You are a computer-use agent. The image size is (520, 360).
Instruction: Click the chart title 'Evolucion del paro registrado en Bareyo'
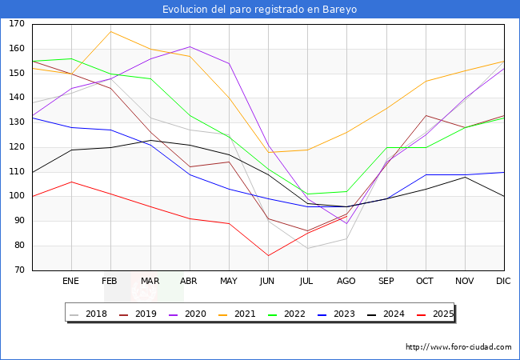[259, 10]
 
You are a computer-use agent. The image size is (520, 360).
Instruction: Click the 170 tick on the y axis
[17, 24]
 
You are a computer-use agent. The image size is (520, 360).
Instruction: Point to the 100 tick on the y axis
[17, 197]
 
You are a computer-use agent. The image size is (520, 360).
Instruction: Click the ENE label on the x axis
[71, 282]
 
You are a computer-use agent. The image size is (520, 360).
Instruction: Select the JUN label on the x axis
[268, 282]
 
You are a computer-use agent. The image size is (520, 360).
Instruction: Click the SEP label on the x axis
[386, 282]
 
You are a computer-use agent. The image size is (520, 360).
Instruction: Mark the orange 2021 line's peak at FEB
[110, 32]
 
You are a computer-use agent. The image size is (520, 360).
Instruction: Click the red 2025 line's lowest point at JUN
[268, 256]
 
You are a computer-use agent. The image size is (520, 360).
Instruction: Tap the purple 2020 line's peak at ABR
[190, 46]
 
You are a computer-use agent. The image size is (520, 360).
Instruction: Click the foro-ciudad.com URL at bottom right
[458, 347]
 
